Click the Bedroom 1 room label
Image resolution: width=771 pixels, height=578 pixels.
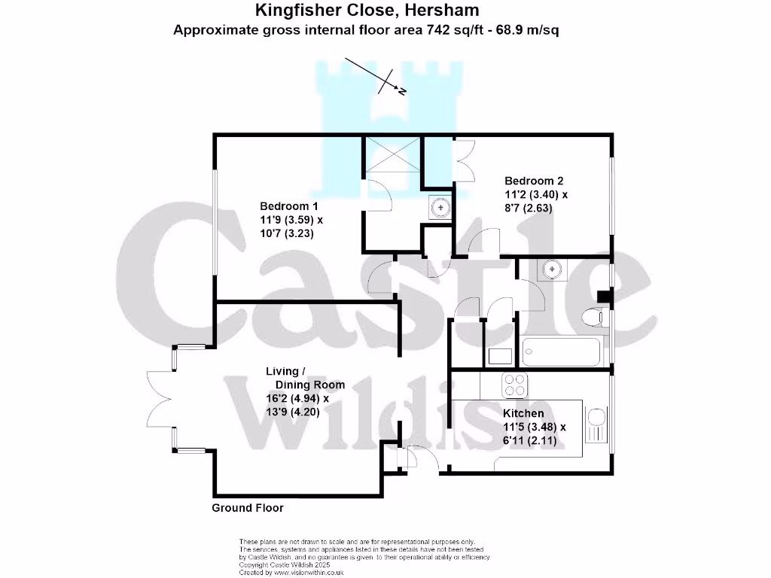click(x=284, y=206)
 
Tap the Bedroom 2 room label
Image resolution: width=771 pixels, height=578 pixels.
click(x=534, y=181)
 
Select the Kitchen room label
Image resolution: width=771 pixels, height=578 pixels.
click(x=523, y=414)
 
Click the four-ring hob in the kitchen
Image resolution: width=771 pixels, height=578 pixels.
click(x=516, y=385)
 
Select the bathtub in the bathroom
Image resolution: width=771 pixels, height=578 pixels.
click(x=561, y=351)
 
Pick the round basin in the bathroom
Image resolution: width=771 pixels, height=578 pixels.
click(x=553, y=268)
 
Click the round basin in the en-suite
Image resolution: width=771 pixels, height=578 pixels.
click(x=439, y=205)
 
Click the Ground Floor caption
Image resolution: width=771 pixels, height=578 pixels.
click(x=248, y=508)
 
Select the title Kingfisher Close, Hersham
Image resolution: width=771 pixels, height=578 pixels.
click(x=367, y=11)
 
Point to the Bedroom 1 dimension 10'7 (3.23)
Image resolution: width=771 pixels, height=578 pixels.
click(x=287, y=233)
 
